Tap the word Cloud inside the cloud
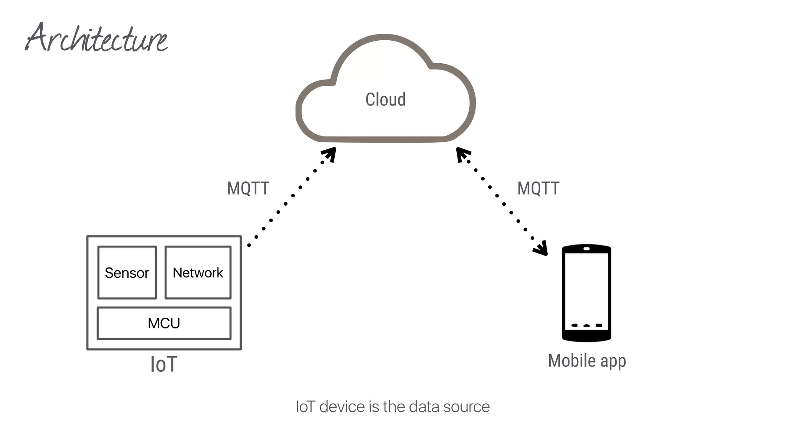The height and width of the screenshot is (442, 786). (x=385, y=100)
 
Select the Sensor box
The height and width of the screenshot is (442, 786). (x=127, y=272)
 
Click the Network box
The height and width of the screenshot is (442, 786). (x=198, y=272)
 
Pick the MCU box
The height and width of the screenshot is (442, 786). (x=164, y=323)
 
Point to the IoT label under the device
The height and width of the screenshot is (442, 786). (x=164, y=364)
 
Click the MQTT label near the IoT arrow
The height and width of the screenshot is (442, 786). (x=248, y=188)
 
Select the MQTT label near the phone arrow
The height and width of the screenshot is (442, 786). (x=538, y=188)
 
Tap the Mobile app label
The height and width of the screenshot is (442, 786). (x=587, y=361)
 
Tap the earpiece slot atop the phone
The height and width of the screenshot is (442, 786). (x=586, y=249)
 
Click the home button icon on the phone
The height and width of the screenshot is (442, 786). (x=586, y=325)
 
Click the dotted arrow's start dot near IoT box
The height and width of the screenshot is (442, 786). (x=249, y=245)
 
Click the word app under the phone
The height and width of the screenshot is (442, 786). (x=613, y=362)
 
